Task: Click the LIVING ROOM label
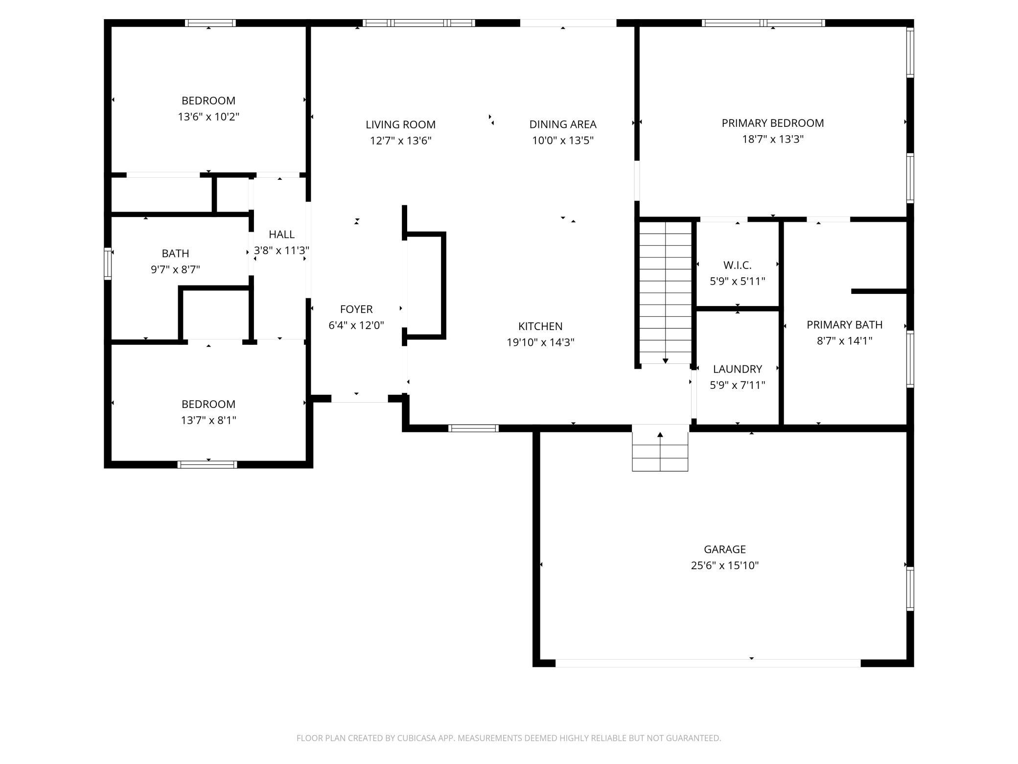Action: click(x=400, y=124)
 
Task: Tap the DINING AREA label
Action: click(x=563, y=124)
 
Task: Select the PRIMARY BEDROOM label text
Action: click(x=773, y=123)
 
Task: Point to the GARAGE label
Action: click(x=725, y=549)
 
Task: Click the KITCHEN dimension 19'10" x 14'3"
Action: click(x=540, y=342)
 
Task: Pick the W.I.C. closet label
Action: click(x=738, y=265)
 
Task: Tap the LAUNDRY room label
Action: click(x=738, y=369)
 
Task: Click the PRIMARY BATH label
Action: click(x=845, y=325)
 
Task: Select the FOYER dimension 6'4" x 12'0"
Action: click(x=356, y=325)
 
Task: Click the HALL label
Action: click(x=281, y=235)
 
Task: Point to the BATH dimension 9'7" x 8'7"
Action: click(x=175, y=269)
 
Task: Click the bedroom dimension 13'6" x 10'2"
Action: click(x=208, y=117)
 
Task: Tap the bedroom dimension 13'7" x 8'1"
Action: click(x=208, y=420)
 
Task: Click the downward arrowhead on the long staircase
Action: click(x=666, y=361)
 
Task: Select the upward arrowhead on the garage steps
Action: click(x=660, y=434)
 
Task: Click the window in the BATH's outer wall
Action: click(x=108, y=263)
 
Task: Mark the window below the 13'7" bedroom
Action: click(x=208, y=465)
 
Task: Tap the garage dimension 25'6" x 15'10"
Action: click(x=725, y=566)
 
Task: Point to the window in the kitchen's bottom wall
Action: click(x=474, y=429)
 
